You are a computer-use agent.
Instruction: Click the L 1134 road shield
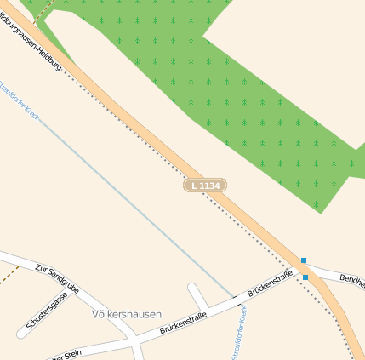click(x=205, y=185)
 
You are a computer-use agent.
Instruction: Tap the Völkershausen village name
click(x=125, y=314)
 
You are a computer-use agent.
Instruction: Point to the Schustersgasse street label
click(x=48, y=312)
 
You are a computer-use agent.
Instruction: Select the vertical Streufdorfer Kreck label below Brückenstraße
click(x=239, y=334)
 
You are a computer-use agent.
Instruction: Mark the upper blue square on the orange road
click(x=303, y=260)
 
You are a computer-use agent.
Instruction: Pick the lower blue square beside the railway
click(x=305, y=277)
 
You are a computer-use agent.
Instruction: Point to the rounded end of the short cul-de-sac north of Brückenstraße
click(x=192, y=288)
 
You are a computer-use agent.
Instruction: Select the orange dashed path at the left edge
click(x=8, y=276)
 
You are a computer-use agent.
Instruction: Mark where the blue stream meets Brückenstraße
click(x=235, y=298)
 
